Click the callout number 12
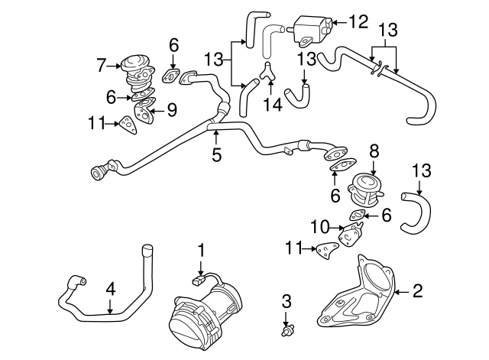point(358,22)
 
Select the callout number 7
point(102,66)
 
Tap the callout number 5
point(216,154)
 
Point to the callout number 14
point(272,105)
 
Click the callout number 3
point(287,301)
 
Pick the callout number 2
point(418,290)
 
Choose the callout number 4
point(110,290)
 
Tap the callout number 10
point(320,227)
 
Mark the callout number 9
point(172,110)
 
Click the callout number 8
point(374,151)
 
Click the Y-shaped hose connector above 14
point(267,71)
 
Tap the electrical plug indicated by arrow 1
point(198,281)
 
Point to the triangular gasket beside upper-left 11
point(128,125)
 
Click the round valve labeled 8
point(364,190)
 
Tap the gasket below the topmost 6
point(171,76)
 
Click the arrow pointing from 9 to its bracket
point(157,110)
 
